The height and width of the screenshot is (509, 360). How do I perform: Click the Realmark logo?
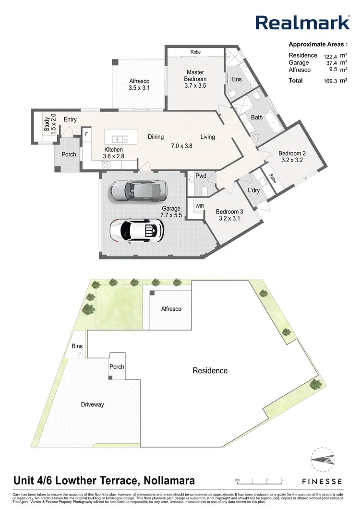point(302,22)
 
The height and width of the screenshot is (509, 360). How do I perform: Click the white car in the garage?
point(137,230)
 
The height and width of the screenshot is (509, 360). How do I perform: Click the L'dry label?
point(253,191)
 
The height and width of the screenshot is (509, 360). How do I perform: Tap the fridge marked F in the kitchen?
point(86,134)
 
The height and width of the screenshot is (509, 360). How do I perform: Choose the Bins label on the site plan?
point(77,346)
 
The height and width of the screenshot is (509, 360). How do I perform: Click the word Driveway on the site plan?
point(92,404)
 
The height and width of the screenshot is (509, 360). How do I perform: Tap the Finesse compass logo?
point(321,462)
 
